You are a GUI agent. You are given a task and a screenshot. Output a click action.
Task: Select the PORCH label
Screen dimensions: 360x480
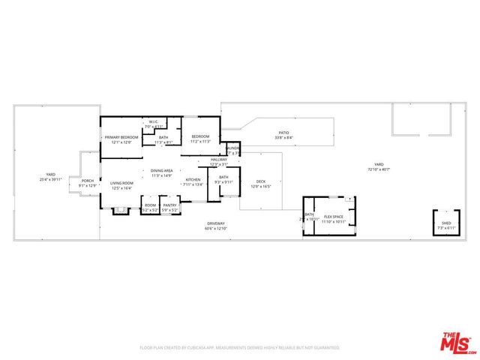[x=88, y=182]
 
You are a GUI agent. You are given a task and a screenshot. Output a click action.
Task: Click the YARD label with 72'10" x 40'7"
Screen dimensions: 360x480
[x=379, y=166]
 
